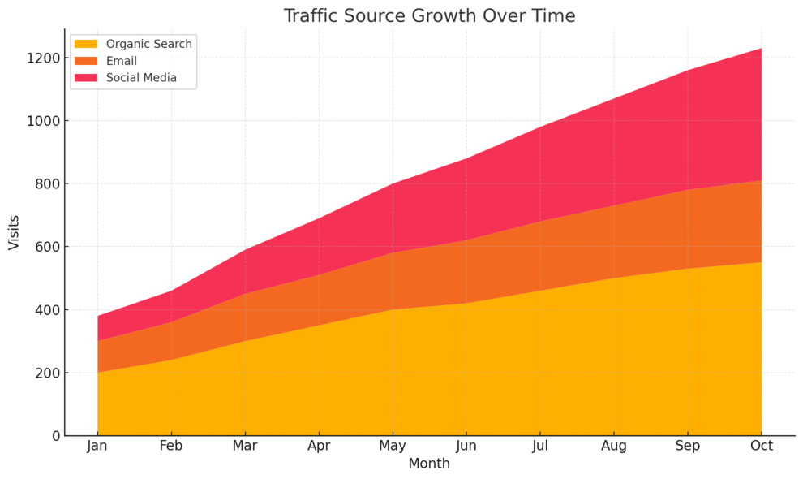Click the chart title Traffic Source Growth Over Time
pos(429,16)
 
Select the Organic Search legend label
pos(148,44)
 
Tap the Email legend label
pos(122,61)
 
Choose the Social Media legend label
pos(141,78)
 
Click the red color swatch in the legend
pos(86,78)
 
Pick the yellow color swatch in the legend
pos(86,44)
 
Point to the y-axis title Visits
pos(14,232)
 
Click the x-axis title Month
pos(429,464)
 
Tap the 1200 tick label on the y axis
pos(42,58)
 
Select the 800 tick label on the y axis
pos(45,184)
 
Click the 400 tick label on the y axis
pos(45,310)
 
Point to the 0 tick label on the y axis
pos(54,436)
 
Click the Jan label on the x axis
pos(97,446)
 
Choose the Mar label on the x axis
pos(245,446)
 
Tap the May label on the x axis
pos(393,446)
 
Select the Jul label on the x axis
pos(540,446)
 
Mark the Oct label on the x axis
pos(762,446)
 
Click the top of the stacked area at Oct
pos(762,49)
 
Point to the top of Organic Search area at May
pos(393,309)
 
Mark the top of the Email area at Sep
pos(688,190)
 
